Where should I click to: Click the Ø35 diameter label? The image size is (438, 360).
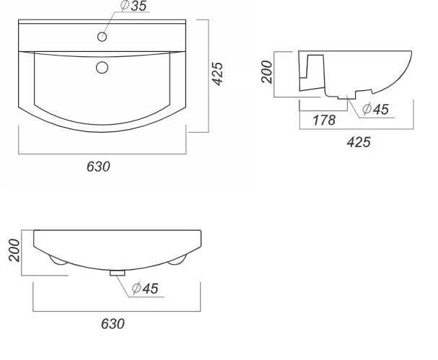133,6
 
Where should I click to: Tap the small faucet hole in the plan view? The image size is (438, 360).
102,37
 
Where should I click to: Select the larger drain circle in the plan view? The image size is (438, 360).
102,68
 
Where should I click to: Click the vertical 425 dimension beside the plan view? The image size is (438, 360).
217,74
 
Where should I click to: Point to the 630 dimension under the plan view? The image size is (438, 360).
98,167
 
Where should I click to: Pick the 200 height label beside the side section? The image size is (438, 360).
267,71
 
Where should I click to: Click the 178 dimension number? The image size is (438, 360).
324,120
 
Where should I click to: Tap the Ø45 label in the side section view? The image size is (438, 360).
375,109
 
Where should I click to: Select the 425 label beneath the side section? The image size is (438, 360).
359,142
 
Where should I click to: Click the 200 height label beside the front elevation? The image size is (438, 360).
14,250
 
